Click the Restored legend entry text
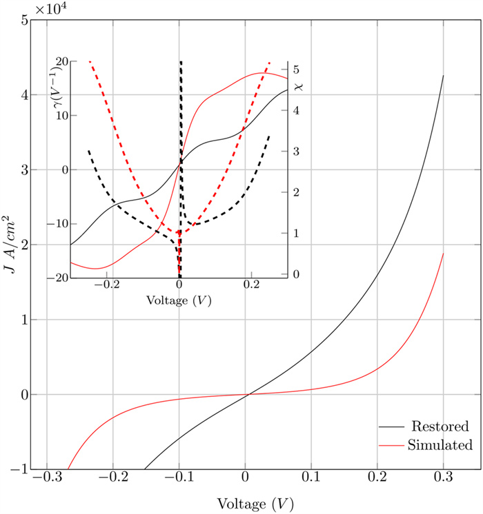pyautogui.click(x=440, y=425)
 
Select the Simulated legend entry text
pyautogui.click(x=440, y=444)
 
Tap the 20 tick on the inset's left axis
pyautogui.click(x=60, y=61)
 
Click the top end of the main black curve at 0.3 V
pyautogui.click(x=443, y=76)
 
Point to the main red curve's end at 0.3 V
pyautogui.click(x=443, y=254)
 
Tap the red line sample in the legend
pyautogui.click(x=389, y=445)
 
